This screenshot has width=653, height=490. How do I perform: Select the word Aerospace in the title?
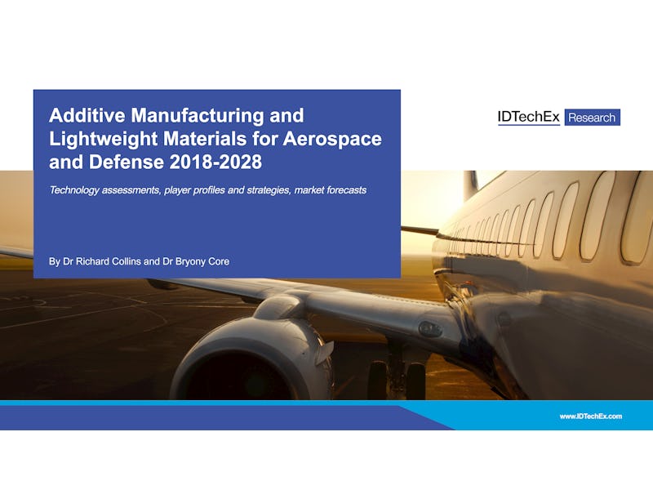click(x=332, y=139)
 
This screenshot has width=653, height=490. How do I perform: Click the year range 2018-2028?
click(x=215, y=162)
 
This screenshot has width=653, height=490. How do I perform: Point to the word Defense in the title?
click(x=127, y=162)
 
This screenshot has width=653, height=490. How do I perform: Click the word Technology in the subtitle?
click(x=74, y=190)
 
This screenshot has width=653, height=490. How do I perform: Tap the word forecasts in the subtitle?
click(x=346, y=190)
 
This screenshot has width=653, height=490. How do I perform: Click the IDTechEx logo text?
click(x=529, y=117)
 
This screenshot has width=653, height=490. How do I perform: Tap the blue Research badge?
click(x=593, y=118)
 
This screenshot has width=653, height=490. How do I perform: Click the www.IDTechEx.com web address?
click(x=590, y=416)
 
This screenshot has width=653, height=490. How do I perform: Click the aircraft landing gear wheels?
click(x=397, y=379)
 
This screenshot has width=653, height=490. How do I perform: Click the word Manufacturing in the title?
click(x=198, y=115)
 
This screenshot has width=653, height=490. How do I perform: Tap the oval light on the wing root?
click(x=431, y=330)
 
